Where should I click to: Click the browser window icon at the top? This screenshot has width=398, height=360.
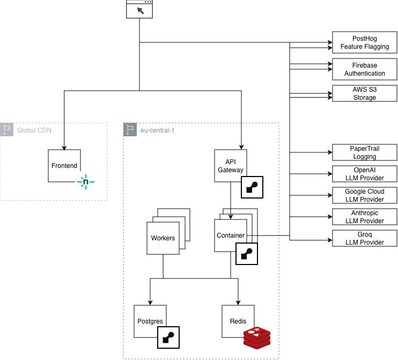[x=139, y=9]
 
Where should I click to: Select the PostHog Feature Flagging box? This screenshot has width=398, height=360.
[x=365, y=43]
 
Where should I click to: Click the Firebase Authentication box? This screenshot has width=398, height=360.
[x=365, y=69]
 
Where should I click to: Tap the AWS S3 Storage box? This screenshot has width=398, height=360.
[x=365, y=93]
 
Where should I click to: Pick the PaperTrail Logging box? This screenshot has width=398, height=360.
[x=365, y=152]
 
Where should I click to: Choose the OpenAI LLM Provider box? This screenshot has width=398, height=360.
[x=365, y=174]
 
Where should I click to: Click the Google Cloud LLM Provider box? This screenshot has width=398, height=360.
[x=365, y=195]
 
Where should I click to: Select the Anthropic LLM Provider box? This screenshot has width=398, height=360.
[x=365, y=217]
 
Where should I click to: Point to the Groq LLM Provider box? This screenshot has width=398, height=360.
[x=365, y=238]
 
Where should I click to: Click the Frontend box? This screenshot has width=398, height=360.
[x=64, y=166]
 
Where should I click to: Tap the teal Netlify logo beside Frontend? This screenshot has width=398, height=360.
[x=85, y=182]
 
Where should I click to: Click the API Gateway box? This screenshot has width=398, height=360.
[x=231, y=166]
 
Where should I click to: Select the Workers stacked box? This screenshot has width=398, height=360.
[x=163, y=238]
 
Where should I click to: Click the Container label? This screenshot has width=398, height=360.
[x=231, y=236]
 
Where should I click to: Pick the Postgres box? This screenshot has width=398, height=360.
[x=150, y=321]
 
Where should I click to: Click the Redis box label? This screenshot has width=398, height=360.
[x=238, y=321]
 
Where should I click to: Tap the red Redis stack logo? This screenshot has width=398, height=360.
[x=257, y=337]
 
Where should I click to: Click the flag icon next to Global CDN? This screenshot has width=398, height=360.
[x=8, y=130]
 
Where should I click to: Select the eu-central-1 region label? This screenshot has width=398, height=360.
[x=157, y=130]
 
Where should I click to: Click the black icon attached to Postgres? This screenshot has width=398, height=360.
[x=168, y=337]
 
